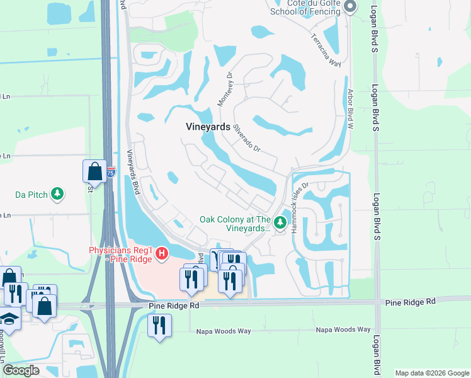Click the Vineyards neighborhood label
tap(208, 126)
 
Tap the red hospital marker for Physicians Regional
tap(162, 254)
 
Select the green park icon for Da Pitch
tap(57, 193)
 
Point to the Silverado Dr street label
tap(247, 137)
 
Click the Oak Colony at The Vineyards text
tap(235, 224)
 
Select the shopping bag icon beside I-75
tap(94, 171)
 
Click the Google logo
tap(21, 370)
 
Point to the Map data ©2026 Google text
tap(432, 373)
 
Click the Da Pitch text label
tap(31, 195)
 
